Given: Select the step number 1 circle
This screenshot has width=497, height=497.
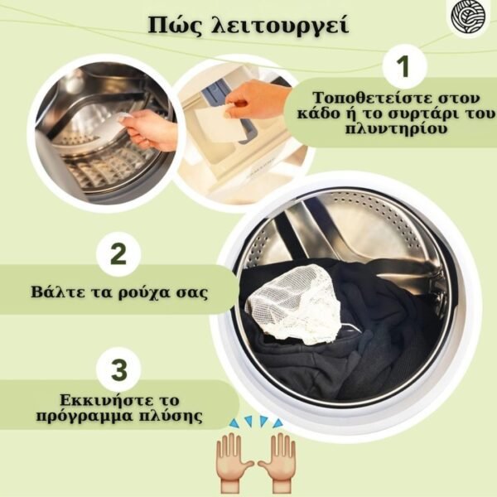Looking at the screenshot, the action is pos(404,66).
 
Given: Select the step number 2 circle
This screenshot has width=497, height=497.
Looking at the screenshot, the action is pos(118,254).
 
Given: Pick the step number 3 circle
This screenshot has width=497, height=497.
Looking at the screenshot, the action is pos(119,369).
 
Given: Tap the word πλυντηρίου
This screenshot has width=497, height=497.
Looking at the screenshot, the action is pos(396,129).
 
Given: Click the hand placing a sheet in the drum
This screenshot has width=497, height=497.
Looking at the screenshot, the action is pos(152,129).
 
